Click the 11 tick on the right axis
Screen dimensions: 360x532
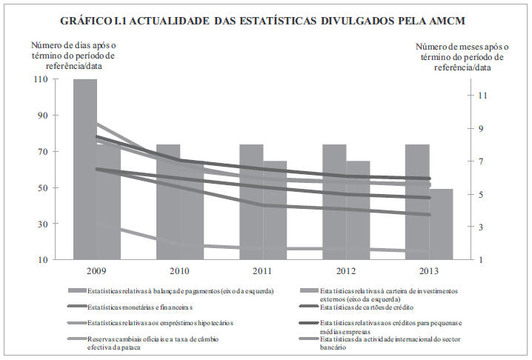coord(482,96)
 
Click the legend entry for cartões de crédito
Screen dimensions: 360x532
coord(366,307)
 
